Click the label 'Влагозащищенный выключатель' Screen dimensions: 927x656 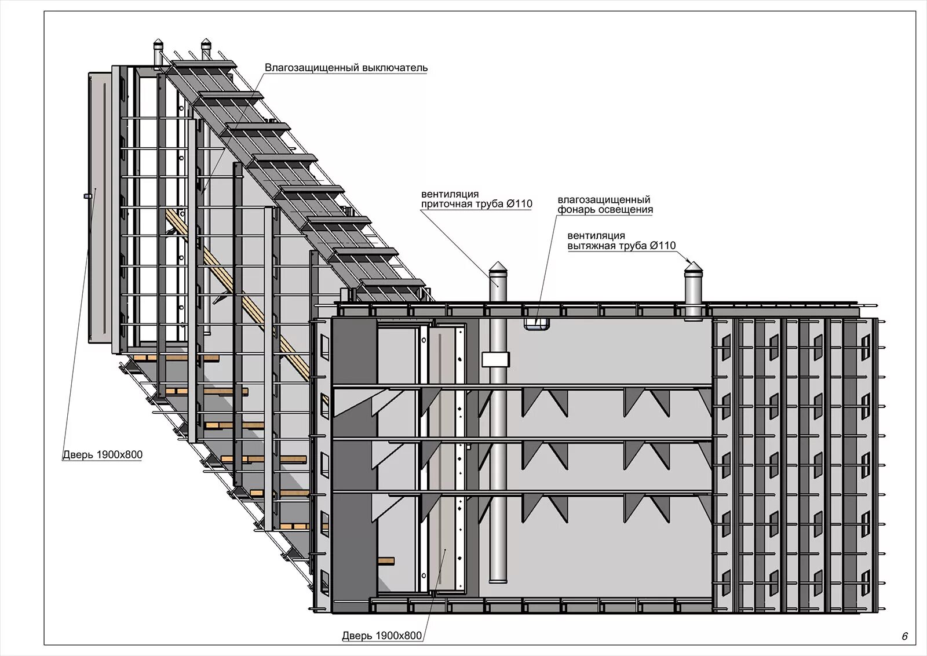346,68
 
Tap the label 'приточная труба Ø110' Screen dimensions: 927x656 476,204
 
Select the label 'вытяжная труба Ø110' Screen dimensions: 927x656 621,246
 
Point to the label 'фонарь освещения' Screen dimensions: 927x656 605,210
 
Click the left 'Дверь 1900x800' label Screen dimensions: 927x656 103,454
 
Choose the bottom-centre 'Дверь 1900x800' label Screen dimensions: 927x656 382,636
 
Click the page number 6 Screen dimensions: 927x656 904,636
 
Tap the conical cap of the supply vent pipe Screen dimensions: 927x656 498,268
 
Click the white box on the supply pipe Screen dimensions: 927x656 495,359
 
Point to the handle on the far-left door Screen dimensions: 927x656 87,196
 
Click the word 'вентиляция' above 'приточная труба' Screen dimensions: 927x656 450,194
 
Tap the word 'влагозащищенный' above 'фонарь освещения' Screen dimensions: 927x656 604,200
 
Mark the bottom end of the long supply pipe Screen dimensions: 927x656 498,580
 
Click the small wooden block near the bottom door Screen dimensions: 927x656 385,561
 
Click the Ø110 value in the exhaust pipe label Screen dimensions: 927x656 663,246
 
